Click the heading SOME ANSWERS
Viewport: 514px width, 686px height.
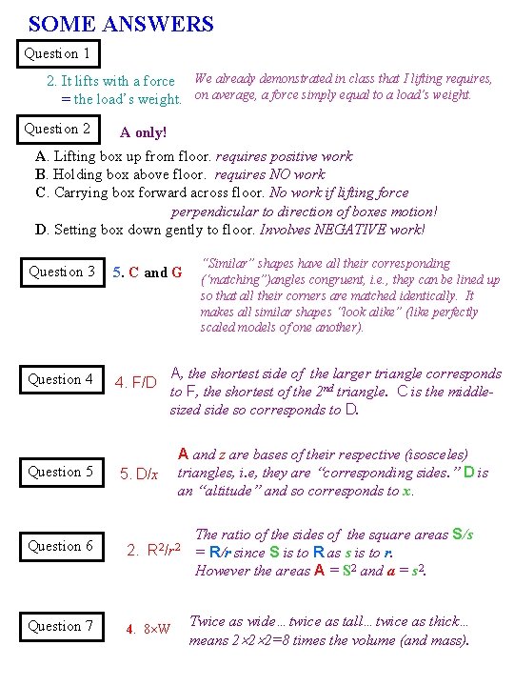click(x=121, y=24)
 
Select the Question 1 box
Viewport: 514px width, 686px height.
click(x=58, y=54)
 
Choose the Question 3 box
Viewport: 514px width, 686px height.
click(x=62, y=272)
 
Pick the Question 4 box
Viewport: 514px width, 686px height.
click(x=61, y=379)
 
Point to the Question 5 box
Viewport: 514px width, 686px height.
click(x=61, y=472)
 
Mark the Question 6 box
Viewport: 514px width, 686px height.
click(x=61, y=546)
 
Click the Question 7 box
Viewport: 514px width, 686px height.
click(x=61, y=626)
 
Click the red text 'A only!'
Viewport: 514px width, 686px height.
click(x=144, y=133)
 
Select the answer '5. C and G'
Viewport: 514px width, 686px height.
click(x=147, y=272)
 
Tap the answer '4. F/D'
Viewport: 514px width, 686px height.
click(x=136, y=382)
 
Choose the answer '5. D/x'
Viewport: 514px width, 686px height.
click(x=138, y=474)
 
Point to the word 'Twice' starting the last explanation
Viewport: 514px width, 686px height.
click(x=207, y=621)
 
